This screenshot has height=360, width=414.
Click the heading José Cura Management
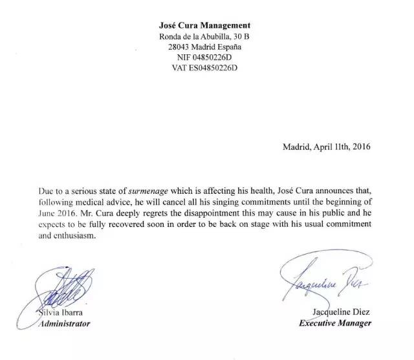tap(204, 25)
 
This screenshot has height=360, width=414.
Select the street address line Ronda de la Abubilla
tap(204, 37)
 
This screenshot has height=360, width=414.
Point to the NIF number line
tap(204, 59)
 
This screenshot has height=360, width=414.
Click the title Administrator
tap(63, 324)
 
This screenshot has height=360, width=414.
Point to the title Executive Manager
tap(334, 323)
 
